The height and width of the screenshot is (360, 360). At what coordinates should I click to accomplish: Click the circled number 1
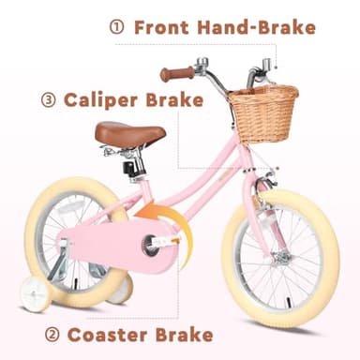pyautogui.click(x=117, y=27)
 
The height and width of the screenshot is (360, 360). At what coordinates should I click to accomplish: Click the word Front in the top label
pyautogui.click(x=161, y=27)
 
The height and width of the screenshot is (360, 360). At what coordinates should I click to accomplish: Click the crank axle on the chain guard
pyautogui.click(x=151, y=247)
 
